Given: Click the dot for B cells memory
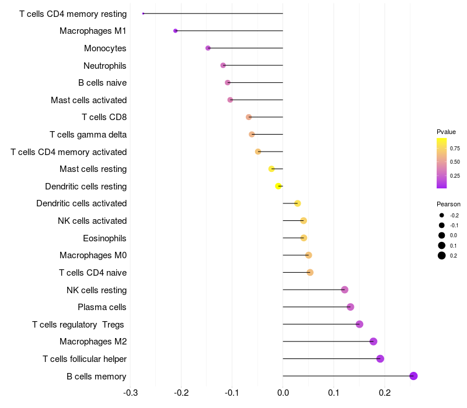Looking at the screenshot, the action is coord(413,376).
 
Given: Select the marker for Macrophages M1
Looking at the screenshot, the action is coord(176,31).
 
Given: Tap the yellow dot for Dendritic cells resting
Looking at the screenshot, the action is coord(278,186).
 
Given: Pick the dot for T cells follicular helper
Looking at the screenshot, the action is coord(380,358).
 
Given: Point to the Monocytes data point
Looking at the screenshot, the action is coord(208,48).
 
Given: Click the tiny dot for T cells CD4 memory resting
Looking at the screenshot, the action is coord(143,13).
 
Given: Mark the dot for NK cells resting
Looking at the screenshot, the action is coord(344,290).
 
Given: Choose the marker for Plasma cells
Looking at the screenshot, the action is coord(350,307).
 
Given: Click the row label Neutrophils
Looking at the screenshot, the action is coord(105,66).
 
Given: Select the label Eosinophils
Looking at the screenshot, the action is coord(104,238).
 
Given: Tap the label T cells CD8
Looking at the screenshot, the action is coord(104,117).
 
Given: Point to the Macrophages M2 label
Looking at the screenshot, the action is coord(93,342).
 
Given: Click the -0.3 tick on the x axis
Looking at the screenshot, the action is coord(130,393).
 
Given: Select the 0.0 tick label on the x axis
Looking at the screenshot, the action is coord(283,393).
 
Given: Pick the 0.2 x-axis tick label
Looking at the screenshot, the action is coord(385,393).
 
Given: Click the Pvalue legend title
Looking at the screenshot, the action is coord(446,132).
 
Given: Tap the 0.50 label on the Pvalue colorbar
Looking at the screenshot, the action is coord(455,162).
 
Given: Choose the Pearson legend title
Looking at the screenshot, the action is coord(448,204).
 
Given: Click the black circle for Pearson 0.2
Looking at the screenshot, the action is coord(442,255).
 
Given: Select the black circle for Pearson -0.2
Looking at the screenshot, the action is coord(442,215).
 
